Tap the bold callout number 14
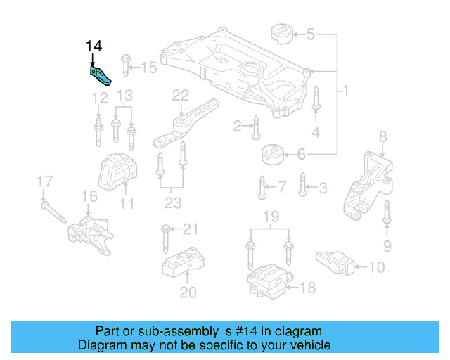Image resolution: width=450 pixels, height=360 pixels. (94, 46)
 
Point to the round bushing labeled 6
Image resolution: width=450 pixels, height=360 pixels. (271, 153)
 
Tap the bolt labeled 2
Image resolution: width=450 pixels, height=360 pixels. (256, 127)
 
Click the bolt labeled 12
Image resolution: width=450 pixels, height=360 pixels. (98, 132)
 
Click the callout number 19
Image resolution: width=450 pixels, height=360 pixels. (269, 216)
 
